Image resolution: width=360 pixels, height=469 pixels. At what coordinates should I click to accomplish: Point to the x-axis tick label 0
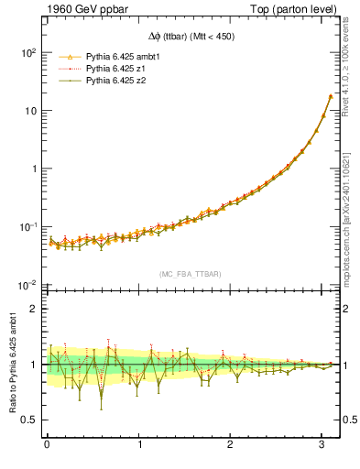(47, 446)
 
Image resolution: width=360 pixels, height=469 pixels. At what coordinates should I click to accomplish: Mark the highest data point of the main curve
(330, 96)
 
